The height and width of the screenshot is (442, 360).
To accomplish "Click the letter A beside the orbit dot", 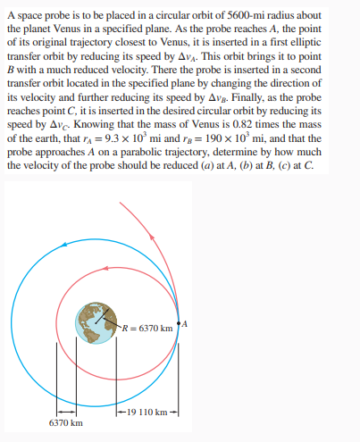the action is tap(186, 321).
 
